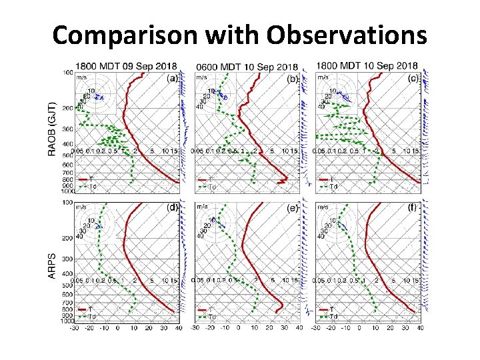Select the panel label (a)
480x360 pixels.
pos(172,78)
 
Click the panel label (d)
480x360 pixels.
pos(172,207)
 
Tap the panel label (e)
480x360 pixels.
pos(292,207)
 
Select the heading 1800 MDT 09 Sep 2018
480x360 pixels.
pos(125,66)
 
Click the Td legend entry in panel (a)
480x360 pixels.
pos(87,186)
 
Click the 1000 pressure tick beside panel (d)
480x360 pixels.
pos(68,321)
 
